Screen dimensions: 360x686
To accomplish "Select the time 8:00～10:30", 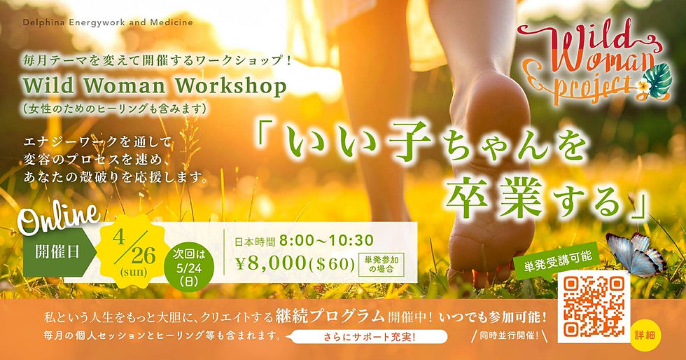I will (325, 240).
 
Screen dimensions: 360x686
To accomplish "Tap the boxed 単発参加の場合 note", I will (380, 265).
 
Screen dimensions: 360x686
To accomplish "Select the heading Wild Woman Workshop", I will (155, 86).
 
